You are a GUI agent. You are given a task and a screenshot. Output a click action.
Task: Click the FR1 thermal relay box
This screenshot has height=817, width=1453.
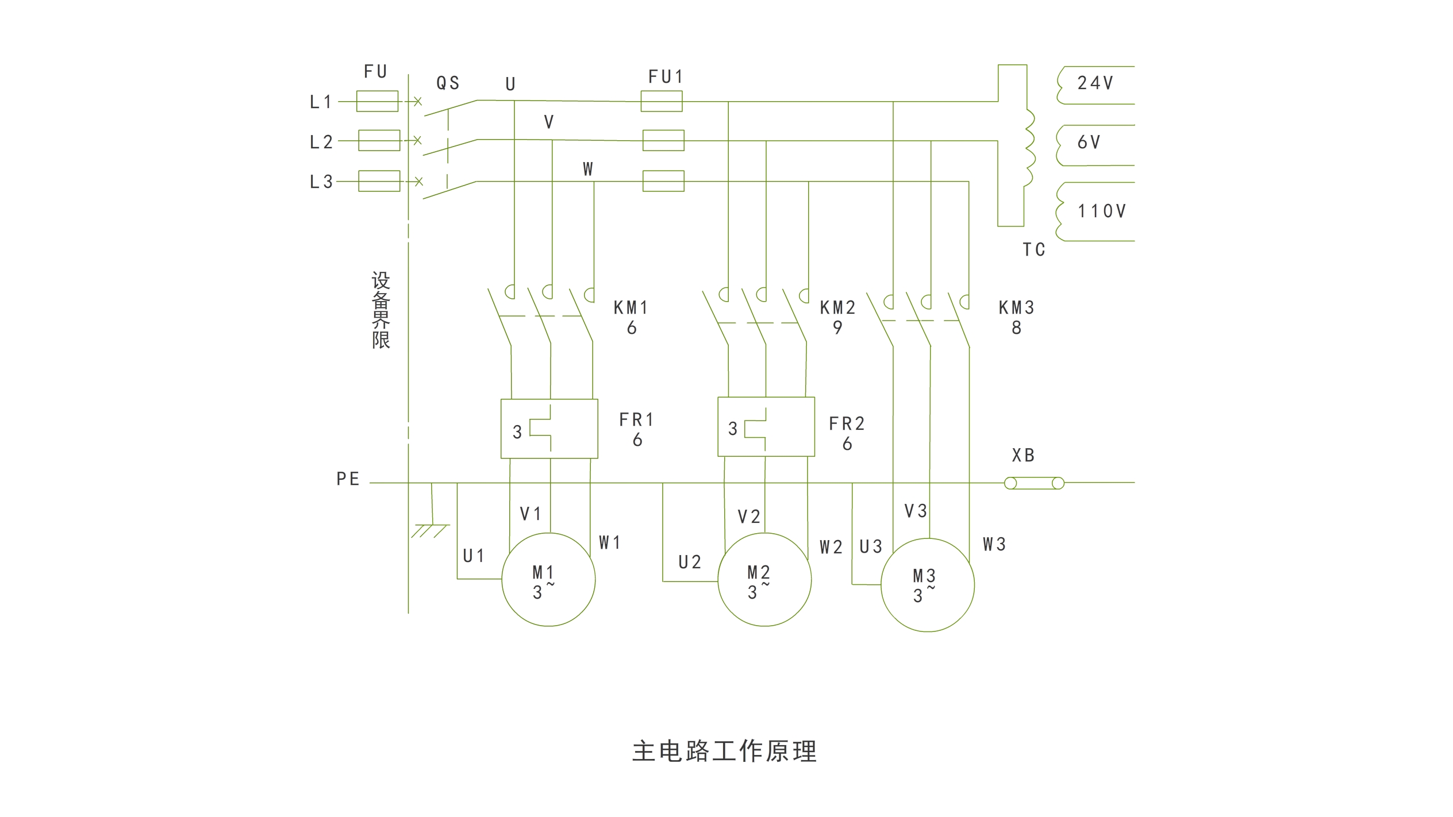[549, 429]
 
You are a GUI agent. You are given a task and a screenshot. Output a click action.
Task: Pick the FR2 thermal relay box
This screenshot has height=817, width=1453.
[766, 427]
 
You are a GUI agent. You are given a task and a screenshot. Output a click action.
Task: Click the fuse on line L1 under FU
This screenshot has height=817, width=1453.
[377, 101]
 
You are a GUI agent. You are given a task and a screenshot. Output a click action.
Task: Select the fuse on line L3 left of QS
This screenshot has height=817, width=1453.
[379, 181]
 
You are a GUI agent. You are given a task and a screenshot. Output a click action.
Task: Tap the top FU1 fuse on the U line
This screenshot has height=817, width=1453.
[661, 101]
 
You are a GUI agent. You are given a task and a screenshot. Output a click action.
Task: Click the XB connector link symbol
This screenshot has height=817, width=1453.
[1033, 483]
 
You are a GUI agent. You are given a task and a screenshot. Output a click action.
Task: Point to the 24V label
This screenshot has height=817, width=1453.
[1095, 83]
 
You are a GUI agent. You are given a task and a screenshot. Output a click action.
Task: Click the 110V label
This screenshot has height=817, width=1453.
[1101, 211]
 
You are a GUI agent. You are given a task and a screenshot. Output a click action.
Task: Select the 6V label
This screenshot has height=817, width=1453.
[1089, 142]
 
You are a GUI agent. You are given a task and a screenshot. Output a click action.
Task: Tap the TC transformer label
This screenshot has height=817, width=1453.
[1033, 250]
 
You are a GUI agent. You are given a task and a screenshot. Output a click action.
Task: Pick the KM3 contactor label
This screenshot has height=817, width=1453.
[1016, 308]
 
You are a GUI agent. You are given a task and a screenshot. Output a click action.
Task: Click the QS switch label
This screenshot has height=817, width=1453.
[448, 83]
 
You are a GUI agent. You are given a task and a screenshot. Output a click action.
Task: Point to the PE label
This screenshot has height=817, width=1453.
[348, 479]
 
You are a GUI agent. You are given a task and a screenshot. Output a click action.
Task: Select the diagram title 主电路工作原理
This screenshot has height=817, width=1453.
[724, 752]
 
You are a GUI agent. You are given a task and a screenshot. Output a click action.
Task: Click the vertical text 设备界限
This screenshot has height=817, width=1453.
[380, 310]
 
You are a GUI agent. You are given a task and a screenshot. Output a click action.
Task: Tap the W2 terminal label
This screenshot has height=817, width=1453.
[831, 548]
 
